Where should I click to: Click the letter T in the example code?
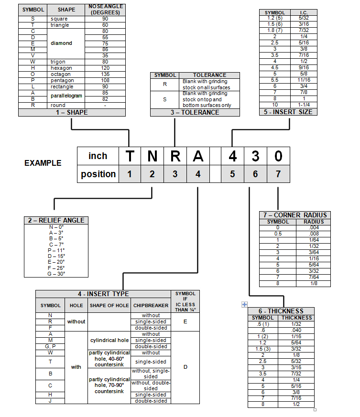[x=130, y=156]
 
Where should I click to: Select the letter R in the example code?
[x=175, y=156]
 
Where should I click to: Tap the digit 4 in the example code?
[x=232, y=156]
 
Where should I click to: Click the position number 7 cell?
[x=278, y=174]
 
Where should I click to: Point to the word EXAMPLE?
[x=43, y=163]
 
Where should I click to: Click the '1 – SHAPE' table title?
[x=72, y=112]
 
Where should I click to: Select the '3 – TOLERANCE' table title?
[x=195, y=112]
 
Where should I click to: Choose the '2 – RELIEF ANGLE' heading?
[x=56, y=220]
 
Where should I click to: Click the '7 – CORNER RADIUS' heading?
[x=294, y=215]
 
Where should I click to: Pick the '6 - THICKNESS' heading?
[x=281, y=311]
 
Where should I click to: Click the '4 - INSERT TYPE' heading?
[x=103, y=294]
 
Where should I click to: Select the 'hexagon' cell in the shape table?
[x=61, y=68]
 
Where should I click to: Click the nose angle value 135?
[x=105, y=74]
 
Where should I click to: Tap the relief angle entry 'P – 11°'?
[x=56, y=250]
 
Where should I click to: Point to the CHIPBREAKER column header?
[x=151, y=305]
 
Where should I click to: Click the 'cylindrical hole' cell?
[x=109, y=340]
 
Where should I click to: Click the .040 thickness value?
[x=296, y=330]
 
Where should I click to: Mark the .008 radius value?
[x=314, y=234]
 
